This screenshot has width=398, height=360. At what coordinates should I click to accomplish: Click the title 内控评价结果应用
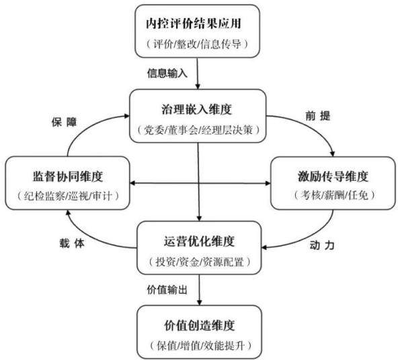click(x=194, y=24)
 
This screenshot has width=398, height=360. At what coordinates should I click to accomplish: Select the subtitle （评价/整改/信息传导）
click(x=197, y=44)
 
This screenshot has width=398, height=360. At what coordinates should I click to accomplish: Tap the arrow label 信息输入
click(x=167, y=73)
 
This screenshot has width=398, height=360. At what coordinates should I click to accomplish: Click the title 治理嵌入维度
click(x=197, y=110)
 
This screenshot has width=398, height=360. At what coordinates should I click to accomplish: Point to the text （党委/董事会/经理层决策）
click(x=198, y=130)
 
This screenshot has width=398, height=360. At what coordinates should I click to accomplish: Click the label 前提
click(x=317, y=116)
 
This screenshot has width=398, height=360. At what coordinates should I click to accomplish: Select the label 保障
click(x=65, y=122)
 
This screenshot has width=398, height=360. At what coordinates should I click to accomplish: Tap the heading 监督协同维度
click(x=68, y=176)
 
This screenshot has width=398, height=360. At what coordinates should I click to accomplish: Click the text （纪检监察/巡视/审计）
click(x=68, y=196)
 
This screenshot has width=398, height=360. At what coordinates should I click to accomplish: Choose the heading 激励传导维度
click(x=333, y=176)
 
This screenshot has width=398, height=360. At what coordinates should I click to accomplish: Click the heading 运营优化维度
click(x=199, y=242)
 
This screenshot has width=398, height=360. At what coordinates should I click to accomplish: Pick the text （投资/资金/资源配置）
click(x=200, y=262)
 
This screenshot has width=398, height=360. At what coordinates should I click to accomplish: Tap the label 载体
click(x=72, y=244)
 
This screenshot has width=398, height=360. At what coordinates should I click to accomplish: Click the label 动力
click(x=322, y=246)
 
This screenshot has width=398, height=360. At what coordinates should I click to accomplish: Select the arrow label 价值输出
click(x=167, y=290)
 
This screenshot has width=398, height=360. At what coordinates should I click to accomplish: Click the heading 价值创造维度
click(x=200, y=326)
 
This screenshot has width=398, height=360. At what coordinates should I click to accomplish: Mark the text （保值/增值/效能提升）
click(x=200, y=345)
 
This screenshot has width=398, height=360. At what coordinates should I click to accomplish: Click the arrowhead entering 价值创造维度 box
click(x=199, y=302)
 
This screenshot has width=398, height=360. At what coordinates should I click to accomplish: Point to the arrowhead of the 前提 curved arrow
click(x=333, y=153)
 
